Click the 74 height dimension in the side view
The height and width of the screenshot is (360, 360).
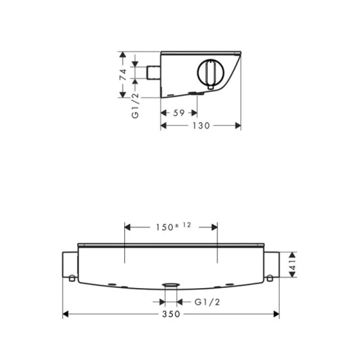pos(122,75)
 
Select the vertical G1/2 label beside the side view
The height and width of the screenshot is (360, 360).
pos(135,106)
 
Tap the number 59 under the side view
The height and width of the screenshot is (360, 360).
pos(178,112)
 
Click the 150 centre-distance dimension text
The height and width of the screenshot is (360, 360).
pos(161,227)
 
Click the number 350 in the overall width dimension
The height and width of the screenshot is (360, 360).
pos(170,314)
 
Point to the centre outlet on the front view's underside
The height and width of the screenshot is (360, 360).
pos(170,284)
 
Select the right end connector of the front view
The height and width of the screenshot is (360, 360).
pos(272,264)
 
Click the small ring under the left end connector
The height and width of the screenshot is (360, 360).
pos(71,277)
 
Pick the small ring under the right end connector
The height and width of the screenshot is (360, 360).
pos(270,277)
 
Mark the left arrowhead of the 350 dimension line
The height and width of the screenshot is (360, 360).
pos(65,314)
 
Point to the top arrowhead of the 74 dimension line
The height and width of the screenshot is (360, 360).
pos(122,55)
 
